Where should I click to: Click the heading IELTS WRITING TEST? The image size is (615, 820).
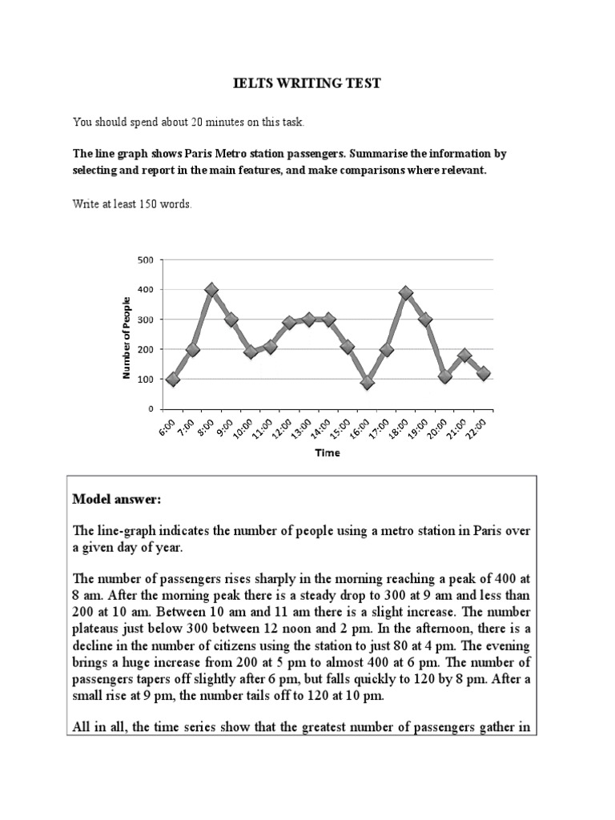pyautogui.click(x=307, y=84)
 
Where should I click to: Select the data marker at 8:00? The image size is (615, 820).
pyautogui.click(x=211, y=290)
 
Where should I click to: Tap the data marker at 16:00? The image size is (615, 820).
pyautogui.click(x=368, y=383)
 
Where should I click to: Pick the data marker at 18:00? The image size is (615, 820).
pyautogui.click(x=406, y=293)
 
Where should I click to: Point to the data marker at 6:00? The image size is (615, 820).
pyautogui.click(x=173, y=379)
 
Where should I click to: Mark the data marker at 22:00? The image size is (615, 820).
pyautogui.click(x=484, y=373)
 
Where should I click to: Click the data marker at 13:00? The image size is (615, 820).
pyautogui.click(x=309, y=320)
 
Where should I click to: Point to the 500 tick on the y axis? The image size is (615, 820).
pyautogui.click(x=144, y=259)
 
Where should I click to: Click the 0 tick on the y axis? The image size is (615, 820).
pyautogui.click(x=149, y=409)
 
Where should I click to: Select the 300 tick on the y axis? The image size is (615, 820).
pyautogui.click(x=144, y=320)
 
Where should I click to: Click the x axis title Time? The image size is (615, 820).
pyautogui.click(x=328, y=452)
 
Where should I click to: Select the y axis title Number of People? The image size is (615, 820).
pyautogui.click(x=126, y=335)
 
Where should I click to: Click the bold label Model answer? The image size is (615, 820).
pyautogui.click(x=117, y=500)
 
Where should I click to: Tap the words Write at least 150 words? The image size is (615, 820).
pyautogui.click(x=132, y=204)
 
